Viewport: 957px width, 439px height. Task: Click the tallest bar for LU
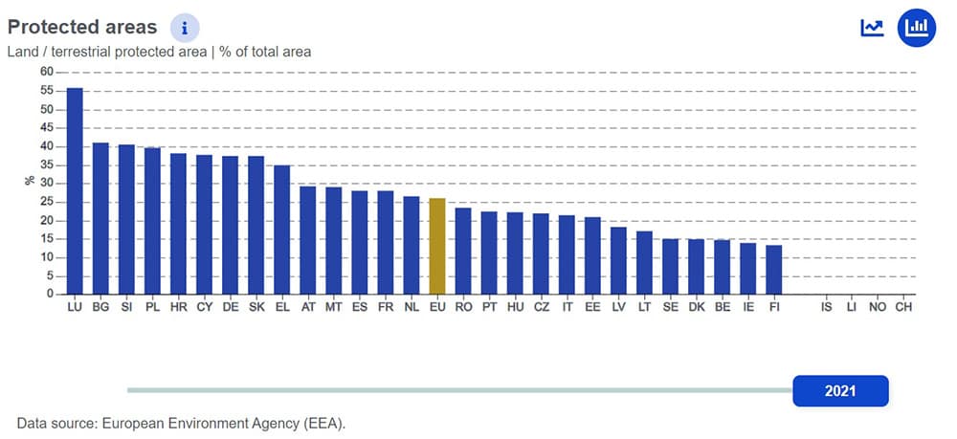tap(75, 191)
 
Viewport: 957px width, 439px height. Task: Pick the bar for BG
tap(100, 219)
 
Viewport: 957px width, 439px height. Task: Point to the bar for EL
tap(282, 230)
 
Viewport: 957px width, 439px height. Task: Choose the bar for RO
tap(463, 251)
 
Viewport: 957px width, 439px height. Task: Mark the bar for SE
tap(670, 267)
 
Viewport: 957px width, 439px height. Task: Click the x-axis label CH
tap(903, 308)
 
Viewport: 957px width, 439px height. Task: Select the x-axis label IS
tap(826, 308)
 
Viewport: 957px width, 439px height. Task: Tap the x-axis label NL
tap(412, 308)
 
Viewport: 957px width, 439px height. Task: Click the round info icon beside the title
tap(185, 28)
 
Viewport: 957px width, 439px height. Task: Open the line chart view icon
tap(872, 28)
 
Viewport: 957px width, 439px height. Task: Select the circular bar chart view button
tap(917, 28)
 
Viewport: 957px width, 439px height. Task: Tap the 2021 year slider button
tap(840, 390)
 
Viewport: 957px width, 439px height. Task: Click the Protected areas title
tap(82, 27)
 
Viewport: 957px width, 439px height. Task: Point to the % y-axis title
tap(31, 180)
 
